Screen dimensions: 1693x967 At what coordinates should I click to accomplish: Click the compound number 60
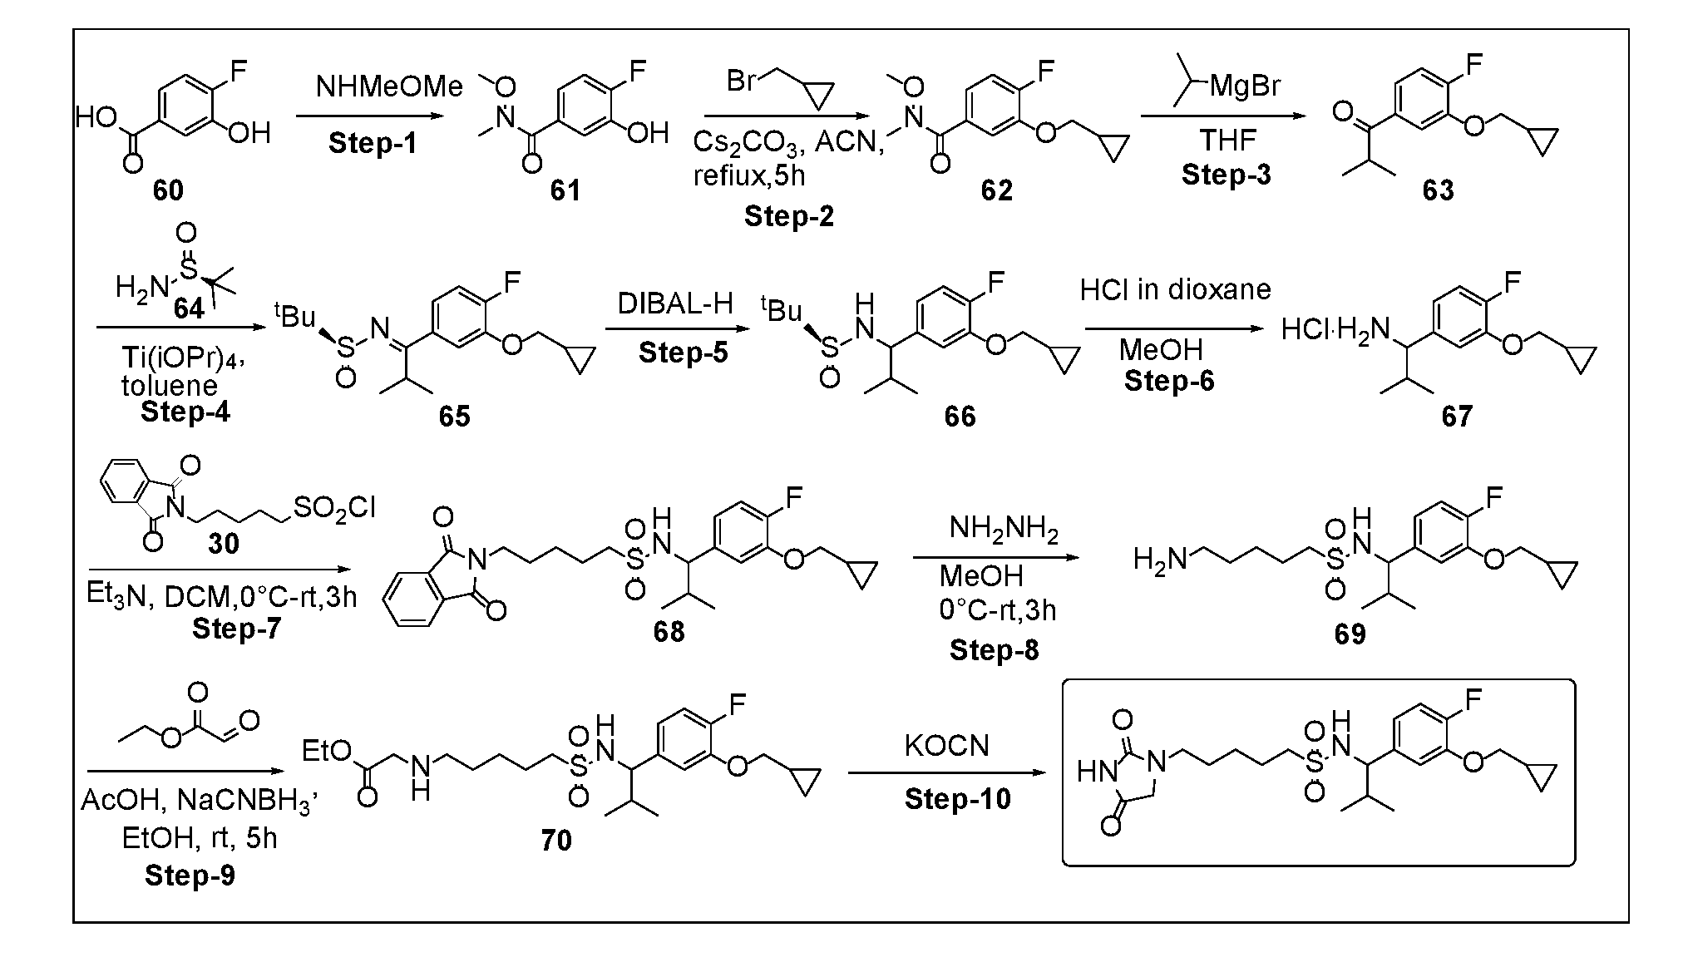pos(168,190)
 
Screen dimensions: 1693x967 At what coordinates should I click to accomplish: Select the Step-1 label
pos(373,143)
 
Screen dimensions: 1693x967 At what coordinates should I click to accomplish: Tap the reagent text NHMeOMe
pos(389,86)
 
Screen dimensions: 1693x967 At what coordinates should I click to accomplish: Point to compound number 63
pos(1438,190)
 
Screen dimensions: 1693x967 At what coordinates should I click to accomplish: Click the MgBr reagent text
pos(1245,86)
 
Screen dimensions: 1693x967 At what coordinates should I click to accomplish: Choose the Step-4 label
pos(185,412)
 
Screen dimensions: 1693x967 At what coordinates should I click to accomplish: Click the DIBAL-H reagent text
pos(675,304)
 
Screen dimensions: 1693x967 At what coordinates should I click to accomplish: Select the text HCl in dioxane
pos(1175,289)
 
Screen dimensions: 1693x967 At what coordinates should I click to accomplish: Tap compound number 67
pos(1457,416)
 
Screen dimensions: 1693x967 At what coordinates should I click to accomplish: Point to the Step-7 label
pos(237,628)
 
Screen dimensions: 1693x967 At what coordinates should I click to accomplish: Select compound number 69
pos(1350,634)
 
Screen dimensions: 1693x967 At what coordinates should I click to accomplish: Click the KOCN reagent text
pos(947,746)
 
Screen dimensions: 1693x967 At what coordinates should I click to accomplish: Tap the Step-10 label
pos(958,799)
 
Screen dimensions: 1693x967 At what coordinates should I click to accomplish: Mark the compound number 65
pos(454,416)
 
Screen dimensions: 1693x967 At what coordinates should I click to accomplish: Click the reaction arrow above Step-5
pos(678,329)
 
